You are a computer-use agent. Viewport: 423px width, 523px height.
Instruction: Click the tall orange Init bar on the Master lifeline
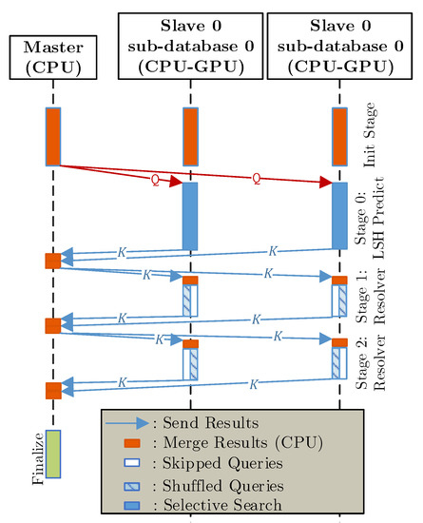[53, 136]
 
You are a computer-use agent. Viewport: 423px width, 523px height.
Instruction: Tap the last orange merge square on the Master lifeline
[53, 390]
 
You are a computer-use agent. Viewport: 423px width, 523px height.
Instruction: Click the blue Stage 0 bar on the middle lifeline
[190, 215]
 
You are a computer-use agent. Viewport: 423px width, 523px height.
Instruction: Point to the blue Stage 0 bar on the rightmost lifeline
[339, 215]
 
